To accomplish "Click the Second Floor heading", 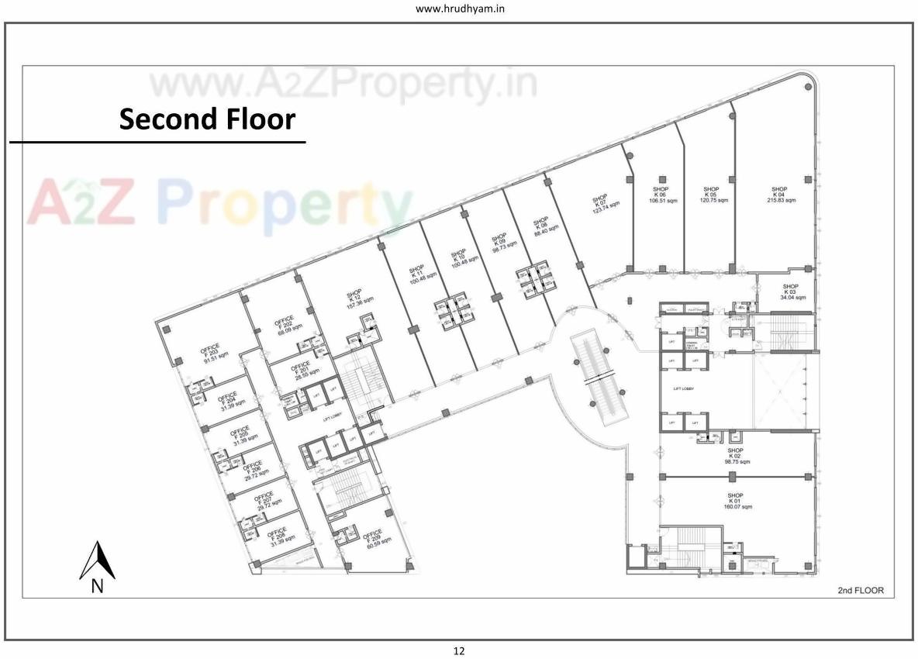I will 207,119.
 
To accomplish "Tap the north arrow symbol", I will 97,562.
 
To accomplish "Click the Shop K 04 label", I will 778,195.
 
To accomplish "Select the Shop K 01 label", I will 734,501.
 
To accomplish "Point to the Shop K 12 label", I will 359,299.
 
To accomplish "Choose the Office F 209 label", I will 371,538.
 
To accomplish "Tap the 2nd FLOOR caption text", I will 860,591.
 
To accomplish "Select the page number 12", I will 459,651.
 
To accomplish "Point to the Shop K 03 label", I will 792,292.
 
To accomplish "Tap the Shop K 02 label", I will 734,456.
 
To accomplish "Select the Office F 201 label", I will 299,369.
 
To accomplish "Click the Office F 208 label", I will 277,537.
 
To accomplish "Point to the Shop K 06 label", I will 660,195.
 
